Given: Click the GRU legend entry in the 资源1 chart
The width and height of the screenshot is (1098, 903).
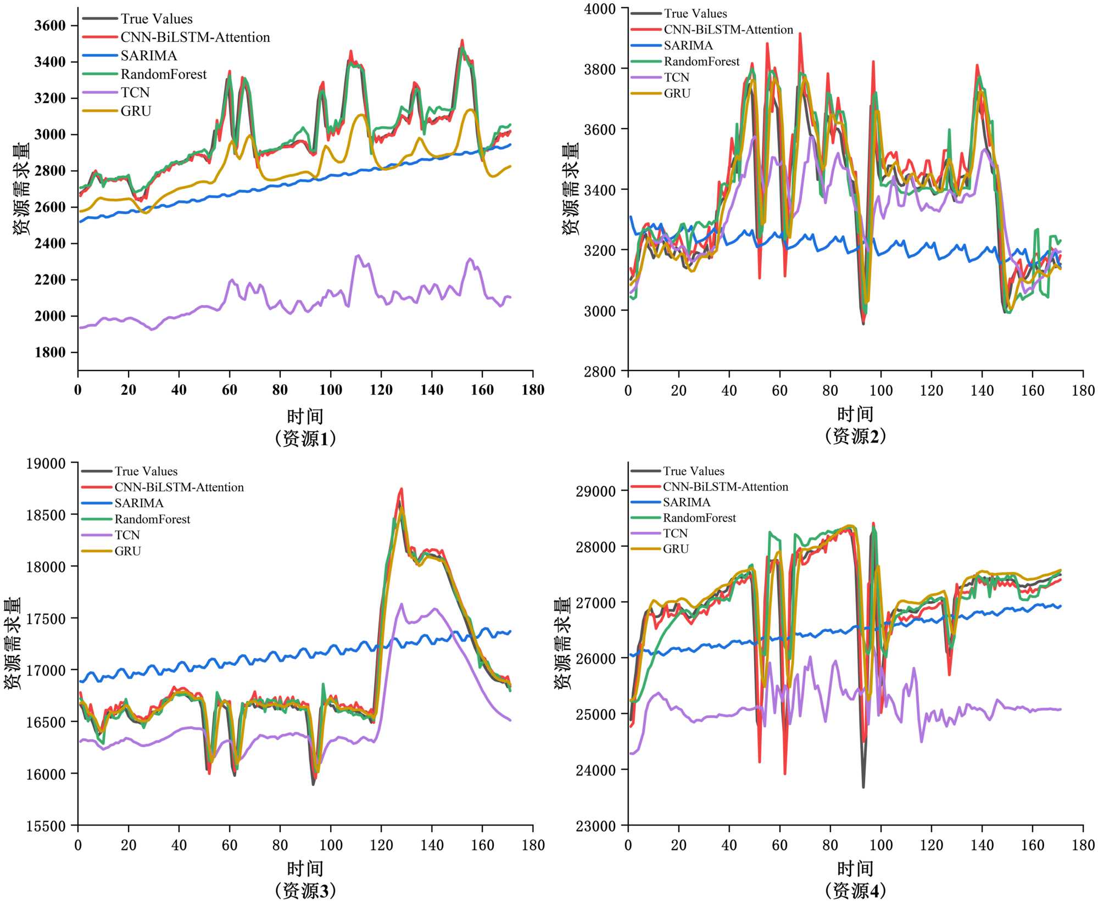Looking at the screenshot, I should (136, 111).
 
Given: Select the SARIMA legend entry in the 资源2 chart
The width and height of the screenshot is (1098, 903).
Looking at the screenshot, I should (688, 46).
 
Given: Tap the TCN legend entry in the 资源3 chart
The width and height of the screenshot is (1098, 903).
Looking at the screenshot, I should (127, 535).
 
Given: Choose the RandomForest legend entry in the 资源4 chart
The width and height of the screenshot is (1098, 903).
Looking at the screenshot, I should (699, 518).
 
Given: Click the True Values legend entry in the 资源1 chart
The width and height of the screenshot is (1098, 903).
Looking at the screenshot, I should (157, 19).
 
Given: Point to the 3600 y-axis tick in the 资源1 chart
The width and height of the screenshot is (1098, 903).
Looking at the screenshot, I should (50, 26).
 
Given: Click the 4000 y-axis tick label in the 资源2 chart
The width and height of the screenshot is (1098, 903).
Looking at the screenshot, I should (600, 9).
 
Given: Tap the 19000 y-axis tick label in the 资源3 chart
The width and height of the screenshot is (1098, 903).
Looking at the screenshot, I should (46, 464).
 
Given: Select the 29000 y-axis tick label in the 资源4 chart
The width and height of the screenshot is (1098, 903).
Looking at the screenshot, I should (595, 491).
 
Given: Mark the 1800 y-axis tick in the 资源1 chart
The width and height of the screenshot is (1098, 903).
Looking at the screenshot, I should (50, 352).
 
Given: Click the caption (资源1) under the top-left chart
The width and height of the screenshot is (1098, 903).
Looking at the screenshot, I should (305, 439).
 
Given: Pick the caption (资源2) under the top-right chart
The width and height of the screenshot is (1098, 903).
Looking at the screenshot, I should (855, 436).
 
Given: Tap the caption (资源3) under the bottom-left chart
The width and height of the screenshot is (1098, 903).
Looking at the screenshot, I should (305, 890).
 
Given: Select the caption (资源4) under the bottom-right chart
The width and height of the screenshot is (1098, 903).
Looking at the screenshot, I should (855, 890).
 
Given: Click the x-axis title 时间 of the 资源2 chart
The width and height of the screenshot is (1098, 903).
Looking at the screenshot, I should (855, 414).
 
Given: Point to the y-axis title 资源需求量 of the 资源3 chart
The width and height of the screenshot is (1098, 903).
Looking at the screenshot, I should (12, 643).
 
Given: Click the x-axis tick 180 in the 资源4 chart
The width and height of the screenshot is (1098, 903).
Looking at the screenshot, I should (1083, 845).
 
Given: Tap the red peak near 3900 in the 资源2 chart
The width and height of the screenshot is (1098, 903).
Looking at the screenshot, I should (800, 34).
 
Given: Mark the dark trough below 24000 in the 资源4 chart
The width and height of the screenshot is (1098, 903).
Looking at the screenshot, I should (863, 787).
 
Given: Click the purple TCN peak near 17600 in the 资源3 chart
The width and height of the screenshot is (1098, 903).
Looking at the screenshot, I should (401, 604).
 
